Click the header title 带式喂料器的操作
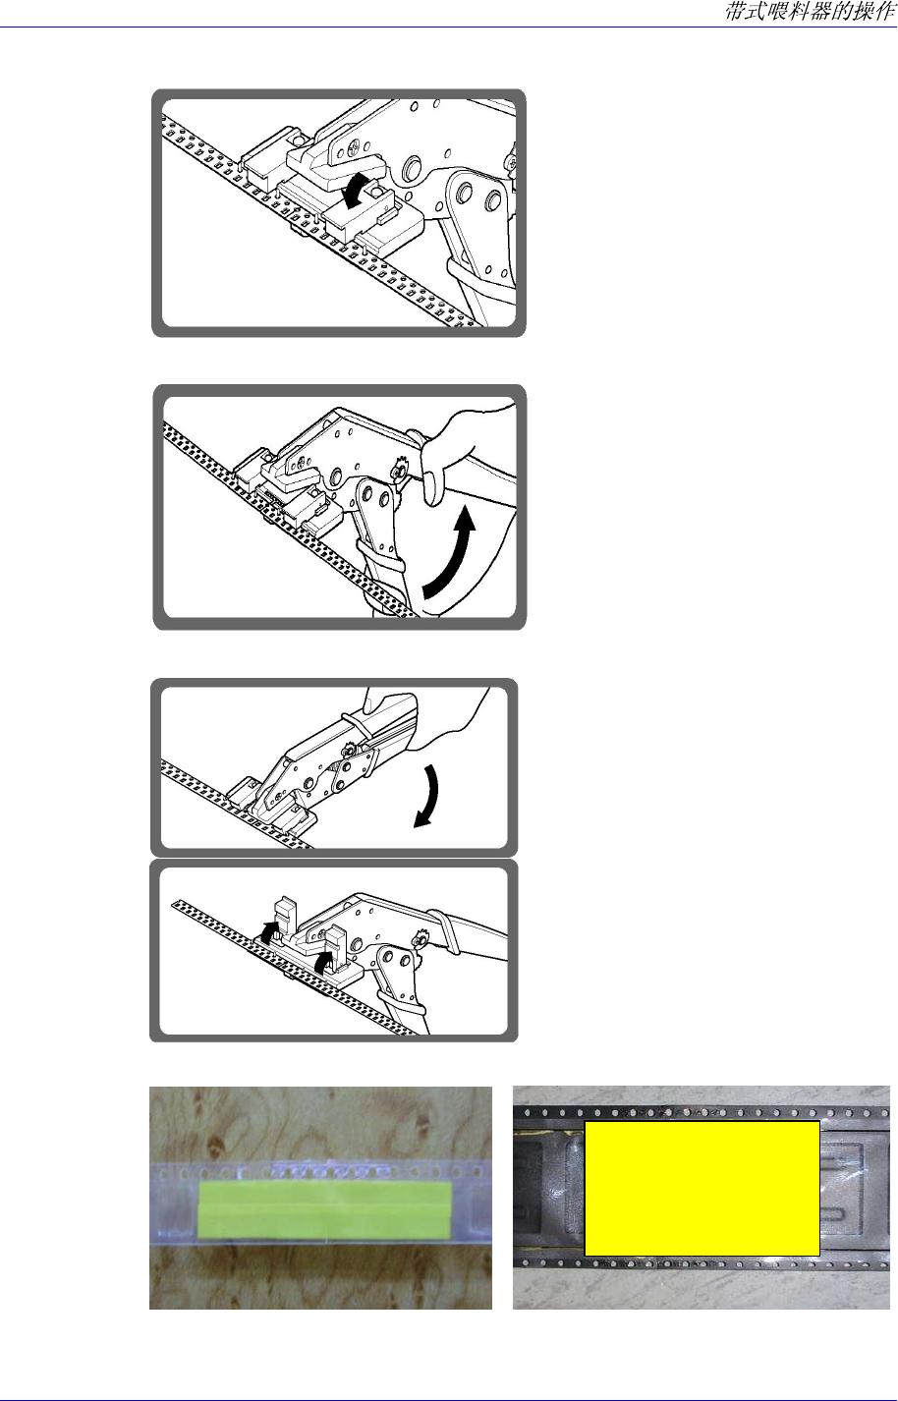811,11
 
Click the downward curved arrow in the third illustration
427,797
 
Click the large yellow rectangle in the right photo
702,1189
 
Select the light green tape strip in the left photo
324,1210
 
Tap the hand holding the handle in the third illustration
431,719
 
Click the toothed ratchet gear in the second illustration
400,468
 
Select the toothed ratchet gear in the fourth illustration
419,938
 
